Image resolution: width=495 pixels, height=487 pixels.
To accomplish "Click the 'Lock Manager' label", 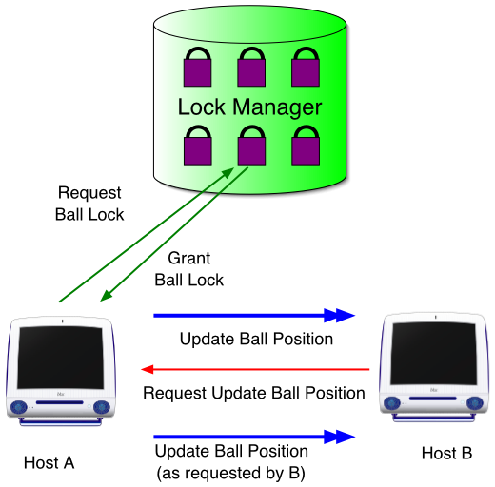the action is [249, 107].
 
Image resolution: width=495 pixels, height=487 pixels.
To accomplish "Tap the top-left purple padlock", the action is [197, 68].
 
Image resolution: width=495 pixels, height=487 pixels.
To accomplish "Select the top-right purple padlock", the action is [306, 68].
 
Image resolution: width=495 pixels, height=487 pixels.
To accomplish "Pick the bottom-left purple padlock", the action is [198, 146].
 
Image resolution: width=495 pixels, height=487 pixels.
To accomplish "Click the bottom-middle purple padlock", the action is [251, 146].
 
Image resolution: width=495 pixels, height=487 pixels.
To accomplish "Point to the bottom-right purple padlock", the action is [306, 146].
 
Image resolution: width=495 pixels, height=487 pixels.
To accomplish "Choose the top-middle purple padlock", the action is [251, 68].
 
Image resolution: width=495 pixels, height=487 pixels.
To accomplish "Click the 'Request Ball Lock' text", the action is [89, 204].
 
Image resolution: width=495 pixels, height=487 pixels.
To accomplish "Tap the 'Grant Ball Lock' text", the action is [189, 269].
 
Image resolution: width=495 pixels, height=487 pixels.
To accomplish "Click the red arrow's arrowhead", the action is [148, 369].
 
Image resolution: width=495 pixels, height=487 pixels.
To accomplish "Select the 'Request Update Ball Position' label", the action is [254, 393].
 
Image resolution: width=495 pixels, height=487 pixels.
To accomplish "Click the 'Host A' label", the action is [49, 463].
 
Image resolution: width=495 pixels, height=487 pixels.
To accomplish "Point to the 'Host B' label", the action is [446, 453].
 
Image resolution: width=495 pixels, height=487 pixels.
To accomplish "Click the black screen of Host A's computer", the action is [60, 358].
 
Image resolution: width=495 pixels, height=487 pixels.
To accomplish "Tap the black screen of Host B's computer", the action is [434, 354].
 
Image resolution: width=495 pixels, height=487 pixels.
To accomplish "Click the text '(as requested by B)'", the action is [230, 473].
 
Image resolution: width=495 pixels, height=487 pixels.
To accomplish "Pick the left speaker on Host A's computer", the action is [19, 407].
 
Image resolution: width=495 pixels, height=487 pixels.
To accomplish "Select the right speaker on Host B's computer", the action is [475, 403].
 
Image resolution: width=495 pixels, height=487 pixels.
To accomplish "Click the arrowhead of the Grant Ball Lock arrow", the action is [107, 296].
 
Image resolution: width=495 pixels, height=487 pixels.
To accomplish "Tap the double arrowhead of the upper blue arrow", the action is [340, 316].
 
